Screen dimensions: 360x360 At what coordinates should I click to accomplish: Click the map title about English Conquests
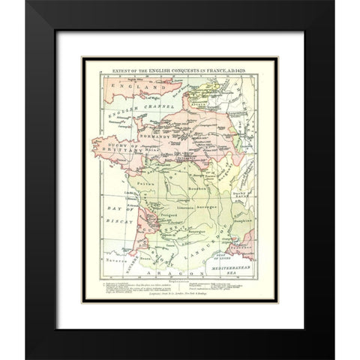point(179,68)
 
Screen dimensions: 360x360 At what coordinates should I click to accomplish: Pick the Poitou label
point(138,181)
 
